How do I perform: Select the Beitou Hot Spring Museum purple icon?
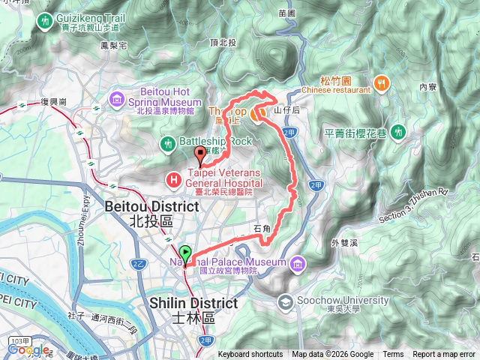click(x=117, y=100)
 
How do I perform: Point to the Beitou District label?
click(x=151, y=205)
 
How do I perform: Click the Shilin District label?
click(x=194, y=302)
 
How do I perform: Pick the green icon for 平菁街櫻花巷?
click(x=400, y=133)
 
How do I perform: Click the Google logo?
click(x=28, y=349)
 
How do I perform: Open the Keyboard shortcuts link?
click(x=250, y=355)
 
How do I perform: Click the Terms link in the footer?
click(x=392, y=355)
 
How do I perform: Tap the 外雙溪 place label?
click(x=344, y=242)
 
